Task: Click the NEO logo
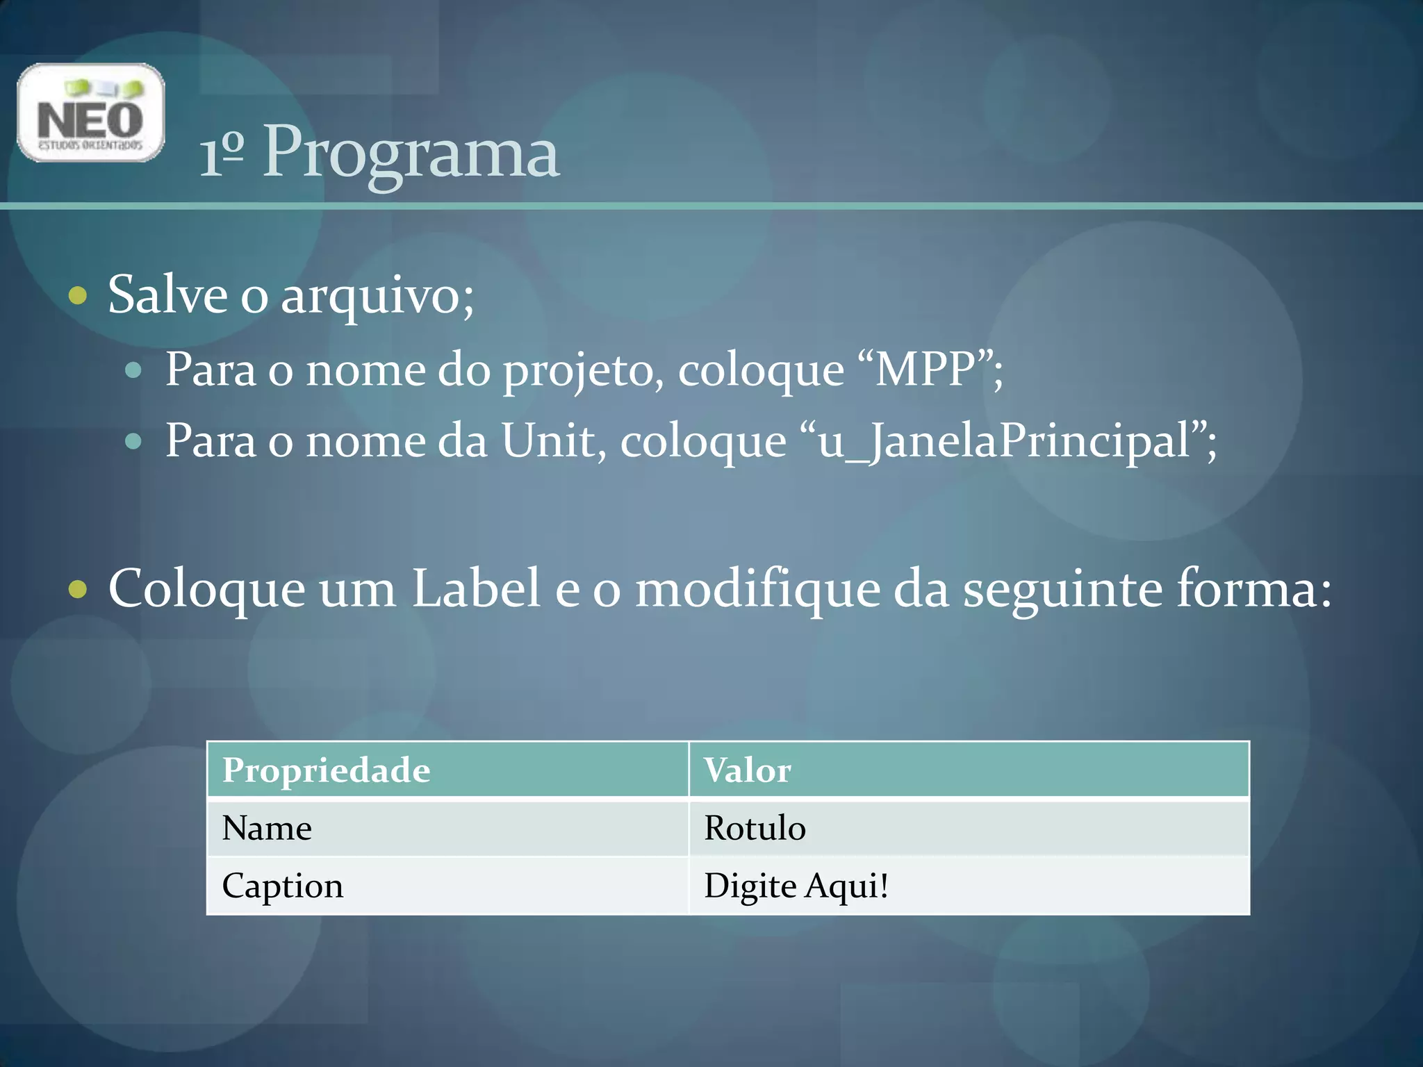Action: tap(90, 113)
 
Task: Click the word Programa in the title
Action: tap(411, 153)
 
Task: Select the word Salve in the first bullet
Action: tap(167, 295)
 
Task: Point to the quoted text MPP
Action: tap(926, 369)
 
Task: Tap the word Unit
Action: tap(552, 440)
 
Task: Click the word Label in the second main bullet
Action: tap(476, 588)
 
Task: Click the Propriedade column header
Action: tap(326, 770)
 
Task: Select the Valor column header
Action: tap(747, 770)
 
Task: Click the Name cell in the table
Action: tap(267, 828)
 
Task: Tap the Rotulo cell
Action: tap(755, 828)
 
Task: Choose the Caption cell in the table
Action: tap(282, 886)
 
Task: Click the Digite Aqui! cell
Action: tap(796, 886)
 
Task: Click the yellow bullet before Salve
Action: tap(79, 296)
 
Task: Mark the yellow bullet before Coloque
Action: tap(79, 590)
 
